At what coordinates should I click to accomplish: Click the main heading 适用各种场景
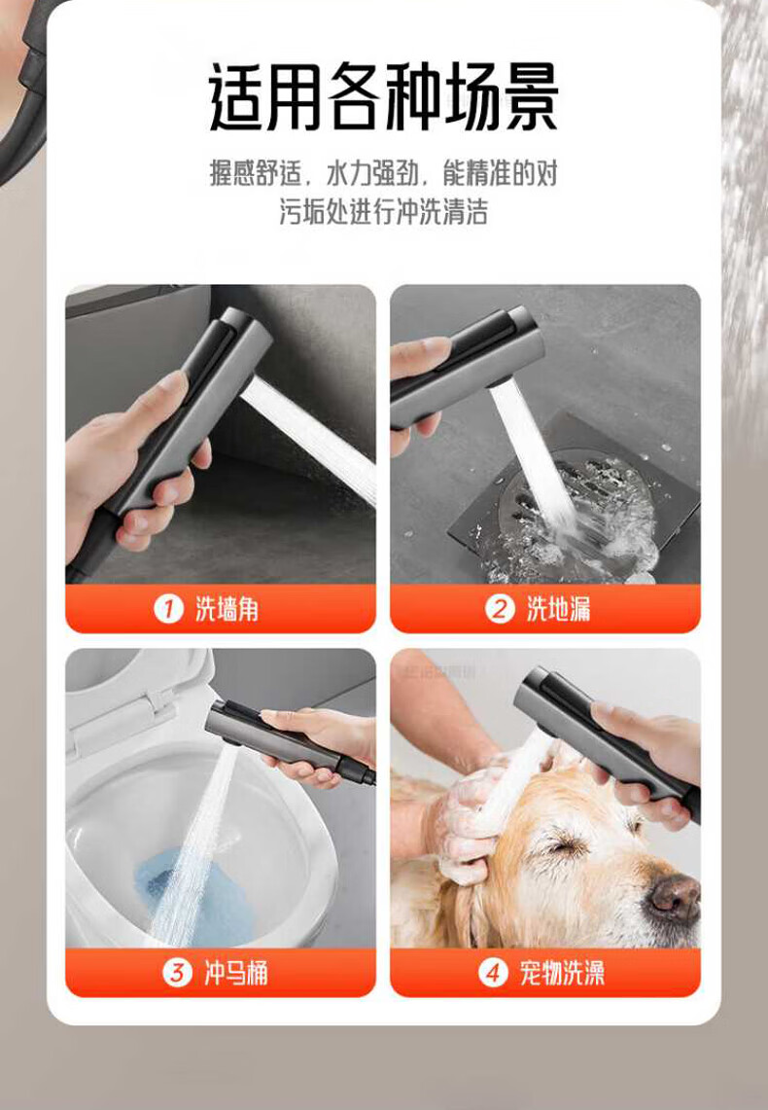[384, 96]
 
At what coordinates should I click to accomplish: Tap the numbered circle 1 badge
[168, 609]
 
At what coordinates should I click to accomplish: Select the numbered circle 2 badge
[500, 609]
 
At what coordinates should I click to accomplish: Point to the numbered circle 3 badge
[177, 973]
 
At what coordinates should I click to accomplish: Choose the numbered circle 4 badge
[493, 973]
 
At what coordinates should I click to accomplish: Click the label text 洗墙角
[227, 610]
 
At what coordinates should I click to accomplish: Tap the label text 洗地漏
[558, 610]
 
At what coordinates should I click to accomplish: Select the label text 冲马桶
[236, 974]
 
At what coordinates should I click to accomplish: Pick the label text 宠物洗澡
[562, 974]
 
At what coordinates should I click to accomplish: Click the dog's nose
[675, 896]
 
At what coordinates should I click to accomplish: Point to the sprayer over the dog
[607, 742]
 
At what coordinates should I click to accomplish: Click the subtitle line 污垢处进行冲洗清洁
[383, 212]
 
